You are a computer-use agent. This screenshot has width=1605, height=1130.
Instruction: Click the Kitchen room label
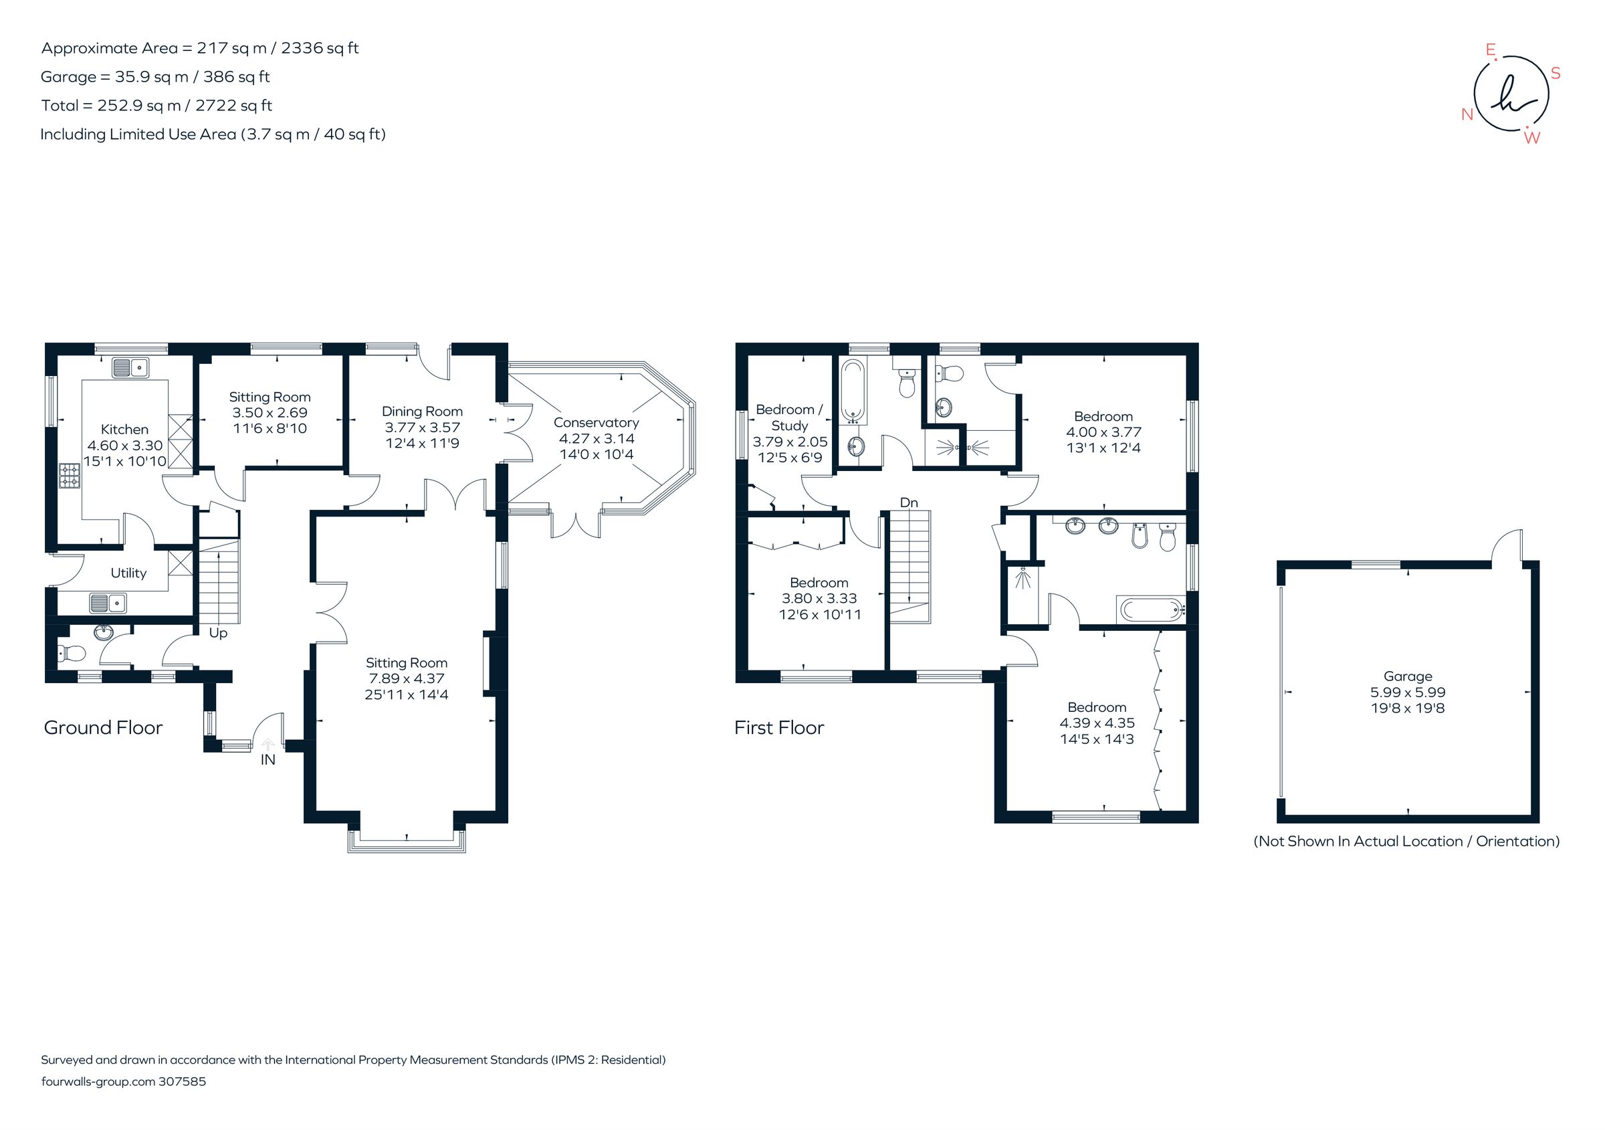coord(124,430)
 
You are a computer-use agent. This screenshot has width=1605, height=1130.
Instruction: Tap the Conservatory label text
coord(596,422)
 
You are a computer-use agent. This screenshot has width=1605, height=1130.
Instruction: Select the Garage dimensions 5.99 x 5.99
coord(1407,692)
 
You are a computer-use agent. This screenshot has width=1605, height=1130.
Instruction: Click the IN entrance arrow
coord(267,745)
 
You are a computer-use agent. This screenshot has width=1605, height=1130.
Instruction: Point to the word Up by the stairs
coord(218,633)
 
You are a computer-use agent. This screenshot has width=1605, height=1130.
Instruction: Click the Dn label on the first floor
coord(909,502)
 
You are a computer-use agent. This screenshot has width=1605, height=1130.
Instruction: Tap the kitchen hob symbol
coord(70,476)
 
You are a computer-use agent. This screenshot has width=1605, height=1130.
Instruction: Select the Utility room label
coord(128,573)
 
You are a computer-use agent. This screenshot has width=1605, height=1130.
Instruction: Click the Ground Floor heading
coord(103,727)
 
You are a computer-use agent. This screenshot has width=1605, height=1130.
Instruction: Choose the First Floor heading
coord(778,727)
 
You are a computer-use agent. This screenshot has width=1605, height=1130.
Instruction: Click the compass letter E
coord(1490,50)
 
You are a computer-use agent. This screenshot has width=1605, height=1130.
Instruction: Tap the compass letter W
coord(1531,138)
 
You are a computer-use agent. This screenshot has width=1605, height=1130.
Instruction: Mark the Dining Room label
coord(421,411)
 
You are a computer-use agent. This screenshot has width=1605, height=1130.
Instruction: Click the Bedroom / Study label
coord(789,417)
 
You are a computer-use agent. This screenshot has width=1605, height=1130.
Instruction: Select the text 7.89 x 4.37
coord(406,678)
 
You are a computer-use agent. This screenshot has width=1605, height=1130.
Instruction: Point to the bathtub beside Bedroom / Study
coord(853,390)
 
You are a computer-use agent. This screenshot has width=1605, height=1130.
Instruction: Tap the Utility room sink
coord(108,602)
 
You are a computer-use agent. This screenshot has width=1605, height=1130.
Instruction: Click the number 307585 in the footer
coord(183,1081)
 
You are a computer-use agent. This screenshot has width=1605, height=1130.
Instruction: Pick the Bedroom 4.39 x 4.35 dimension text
coord(1097,723)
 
